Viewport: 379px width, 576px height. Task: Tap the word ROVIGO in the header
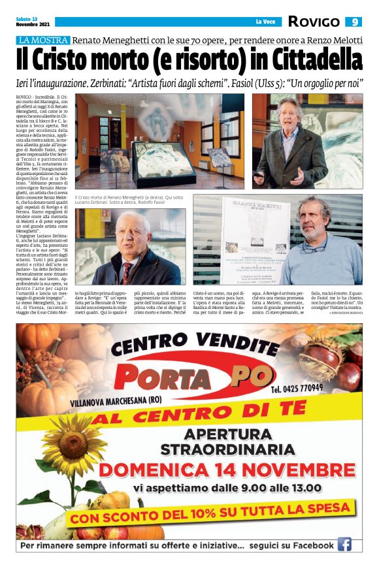pyautogui.click(x=314, y=22)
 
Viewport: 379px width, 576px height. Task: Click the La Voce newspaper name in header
pyautogui.click(x=265, y=22)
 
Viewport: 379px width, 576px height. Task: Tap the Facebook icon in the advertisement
pyautogui.click(x=344, y=544)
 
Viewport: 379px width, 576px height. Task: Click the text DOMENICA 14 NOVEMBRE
pyautogui.click(x=227, y=470)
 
